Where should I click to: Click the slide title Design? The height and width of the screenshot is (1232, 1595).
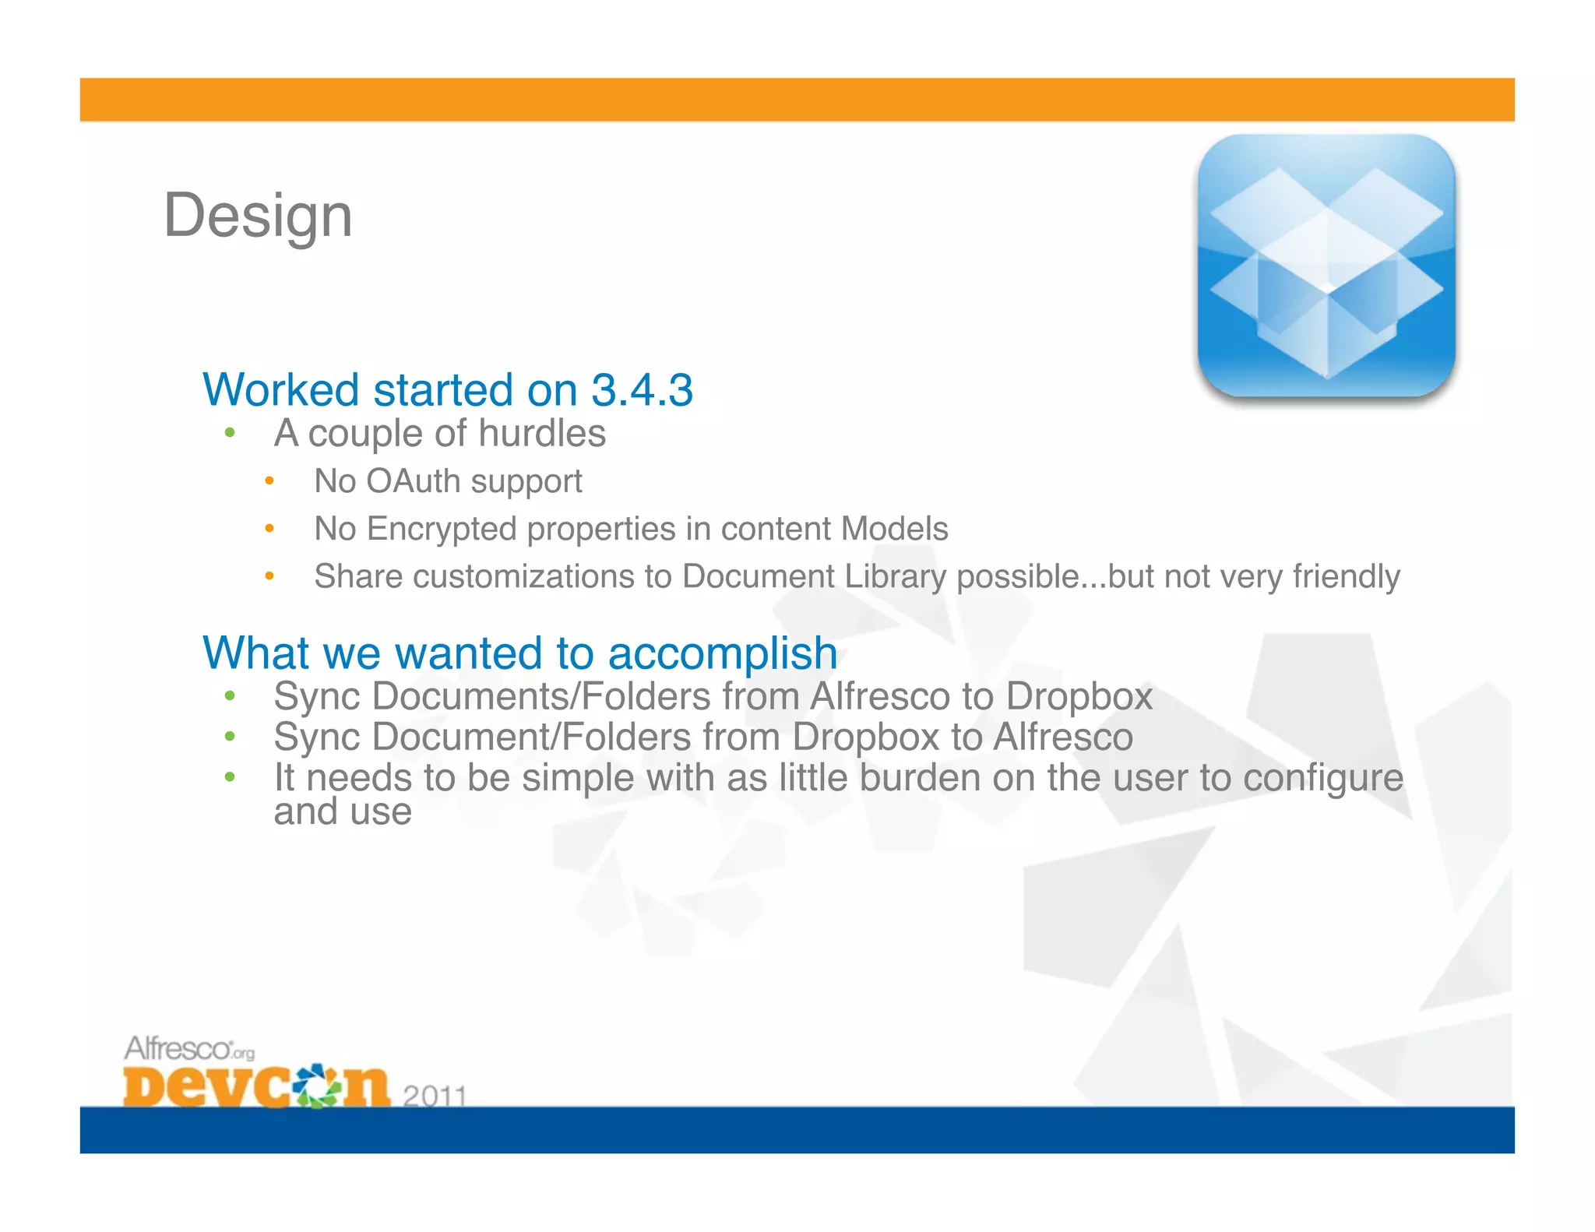click(258, 216)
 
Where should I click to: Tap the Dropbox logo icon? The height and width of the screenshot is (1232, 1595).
click(1326, 266)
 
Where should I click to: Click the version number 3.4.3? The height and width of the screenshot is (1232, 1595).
click(642, 389)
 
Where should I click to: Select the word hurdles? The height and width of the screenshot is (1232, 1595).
click(542, 433)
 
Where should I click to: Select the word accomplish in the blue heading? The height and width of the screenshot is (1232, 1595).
click(722, 653)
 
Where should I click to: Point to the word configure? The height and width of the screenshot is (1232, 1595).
click(1322, 778)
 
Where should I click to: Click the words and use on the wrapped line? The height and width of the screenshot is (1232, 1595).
click(342, 812)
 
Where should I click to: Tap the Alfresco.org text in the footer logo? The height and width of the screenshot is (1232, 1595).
click(189, 1049)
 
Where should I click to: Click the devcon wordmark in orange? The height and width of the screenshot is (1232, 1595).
click(255, 1086)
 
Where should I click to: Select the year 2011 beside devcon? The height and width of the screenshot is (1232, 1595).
click(434, 1096)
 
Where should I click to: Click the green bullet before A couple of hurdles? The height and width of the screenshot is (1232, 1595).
click(230, 433)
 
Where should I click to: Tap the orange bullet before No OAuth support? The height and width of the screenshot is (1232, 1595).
click(269, 481)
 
